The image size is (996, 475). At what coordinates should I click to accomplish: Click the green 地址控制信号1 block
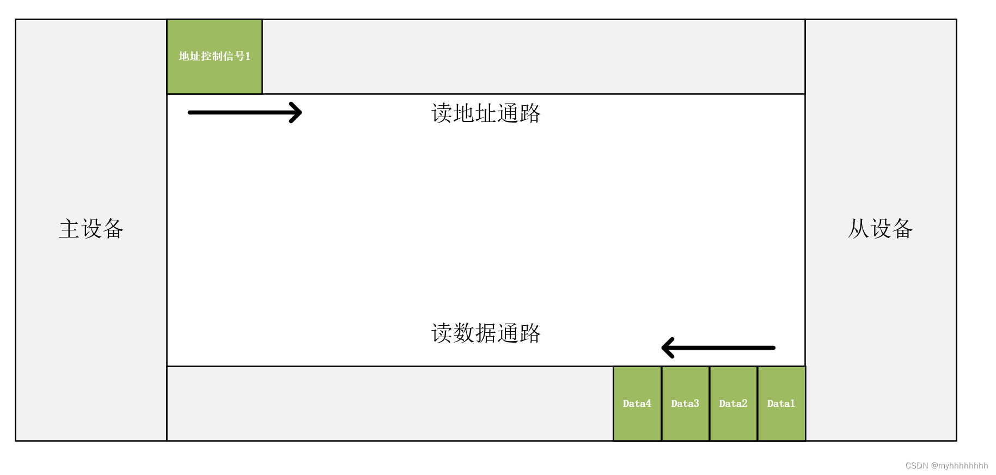(215, 57)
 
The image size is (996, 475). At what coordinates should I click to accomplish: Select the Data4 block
(637, 404)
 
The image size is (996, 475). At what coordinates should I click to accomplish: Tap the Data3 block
(685, 404)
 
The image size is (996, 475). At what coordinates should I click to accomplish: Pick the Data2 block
(733, 404)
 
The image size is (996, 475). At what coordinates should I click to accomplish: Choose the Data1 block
(781, 404)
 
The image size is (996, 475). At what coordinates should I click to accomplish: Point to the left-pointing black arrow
(718, 348)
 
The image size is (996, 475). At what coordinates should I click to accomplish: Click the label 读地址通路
(486, 114)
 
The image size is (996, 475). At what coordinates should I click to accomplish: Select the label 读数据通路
(486, 333)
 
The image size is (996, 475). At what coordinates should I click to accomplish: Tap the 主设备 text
(91, 229)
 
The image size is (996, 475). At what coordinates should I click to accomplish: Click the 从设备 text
(880, 229)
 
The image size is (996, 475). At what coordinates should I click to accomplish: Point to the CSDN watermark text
(946, 466)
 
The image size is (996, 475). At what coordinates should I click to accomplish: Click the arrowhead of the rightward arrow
(296, 113)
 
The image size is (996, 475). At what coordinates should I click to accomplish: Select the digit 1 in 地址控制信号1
(248, 57)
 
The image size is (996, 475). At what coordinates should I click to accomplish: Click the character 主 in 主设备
(69, 229)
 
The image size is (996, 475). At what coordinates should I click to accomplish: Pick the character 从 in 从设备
(858, 229)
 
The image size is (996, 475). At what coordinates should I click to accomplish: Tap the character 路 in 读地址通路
(530, 114)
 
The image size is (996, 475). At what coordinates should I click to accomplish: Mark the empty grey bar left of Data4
(390, 404)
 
